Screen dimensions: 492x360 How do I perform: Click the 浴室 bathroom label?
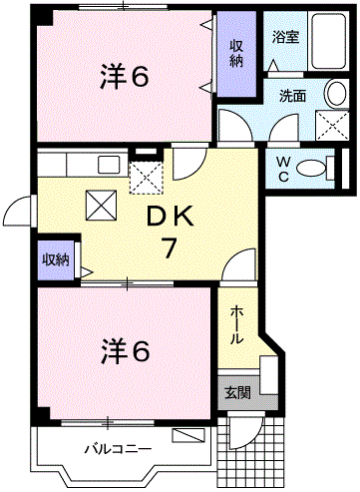[x=285, y=37]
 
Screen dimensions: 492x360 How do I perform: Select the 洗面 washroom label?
[x=291, y=97]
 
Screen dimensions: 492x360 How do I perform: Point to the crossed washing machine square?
[x=331, y=126]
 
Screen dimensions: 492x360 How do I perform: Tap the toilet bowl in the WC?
[x=313, y=169]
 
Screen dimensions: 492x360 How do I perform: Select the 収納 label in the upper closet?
[x=237, y=53]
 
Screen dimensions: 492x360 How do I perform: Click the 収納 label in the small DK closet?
[x=55, y=259]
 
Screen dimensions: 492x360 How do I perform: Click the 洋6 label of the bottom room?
[x=125, y=350]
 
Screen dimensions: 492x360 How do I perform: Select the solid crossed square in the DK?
[x=100, y=206]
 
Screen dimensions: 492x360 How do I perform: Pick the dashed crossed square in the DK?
[x=148, y=178]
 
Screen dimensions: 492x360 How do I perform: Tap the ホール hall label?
[x=236, y=325]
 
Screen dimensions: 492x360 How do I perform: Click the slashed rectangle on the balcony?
[x=186, y=435]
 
